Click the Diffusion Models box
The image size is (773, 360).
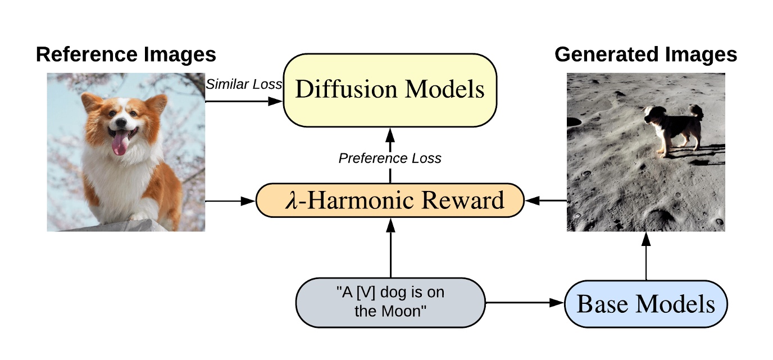click(390, 90)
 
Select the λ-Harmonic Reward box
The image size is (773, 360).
click(390, 200)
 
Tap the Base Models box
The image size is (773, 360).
click(645, 304)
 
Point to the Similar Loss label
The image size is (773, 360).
click(243, 84)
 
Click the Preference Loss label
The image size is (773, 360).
click(390, 158)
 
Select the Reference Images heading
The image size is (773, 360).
click(126, 54)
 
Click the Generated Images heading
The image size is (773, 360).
click(645, 54)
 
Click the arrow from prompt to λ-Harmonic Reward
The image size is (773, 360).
click(390, 247)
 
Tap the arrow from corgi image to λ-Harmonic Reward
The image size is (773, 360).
click(230, 200)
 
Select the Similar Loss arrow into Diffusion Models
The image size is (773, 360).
click(244, 101)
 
